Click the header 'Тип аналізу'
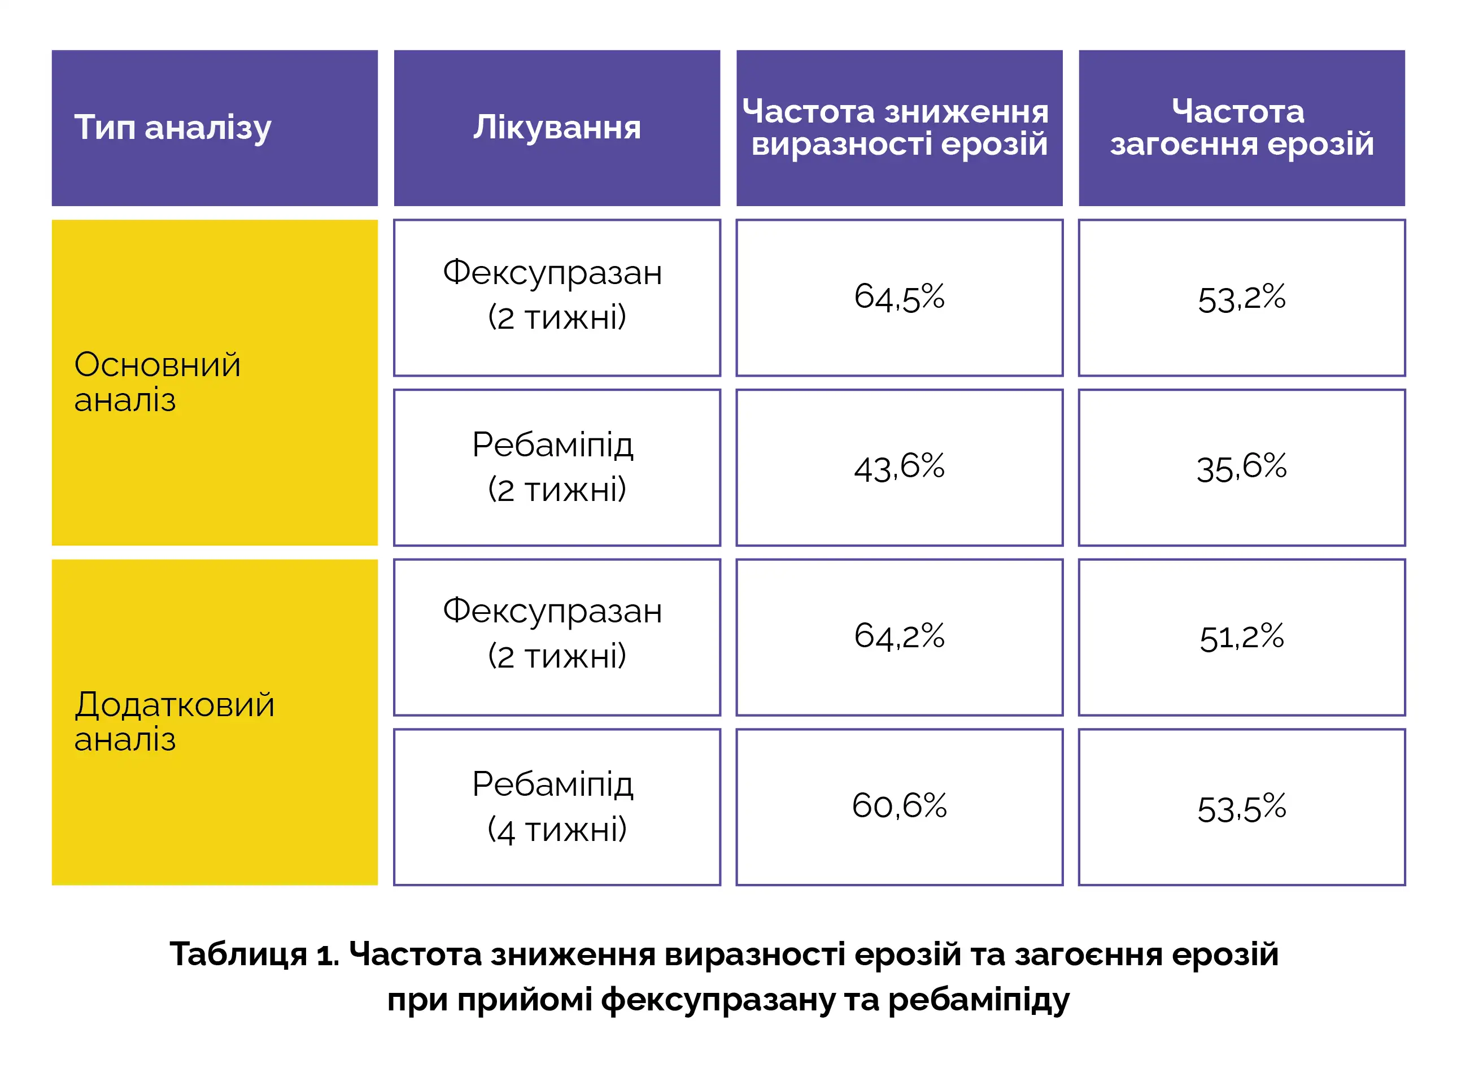173,128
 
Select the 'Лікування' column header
557,128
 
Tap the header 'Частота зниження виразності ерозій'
898,128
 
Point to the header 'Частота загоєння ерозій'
1241,128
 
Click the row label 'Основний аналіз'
157,382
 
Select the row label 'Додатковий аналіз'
174,721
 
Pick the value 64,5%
898,298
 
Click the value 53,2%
1241,298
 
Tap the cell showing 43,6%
898,468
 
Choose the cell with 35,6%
1241,468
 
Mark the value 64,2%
898,637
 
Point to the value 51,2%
1241,638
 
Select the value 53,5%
1241,808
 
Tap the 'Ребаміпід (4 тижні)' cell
557,807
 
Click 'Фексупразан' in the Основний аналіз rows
553,273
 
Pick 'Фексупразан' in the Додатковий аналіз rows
553,612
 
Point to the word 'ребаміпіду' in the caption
979,1000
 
